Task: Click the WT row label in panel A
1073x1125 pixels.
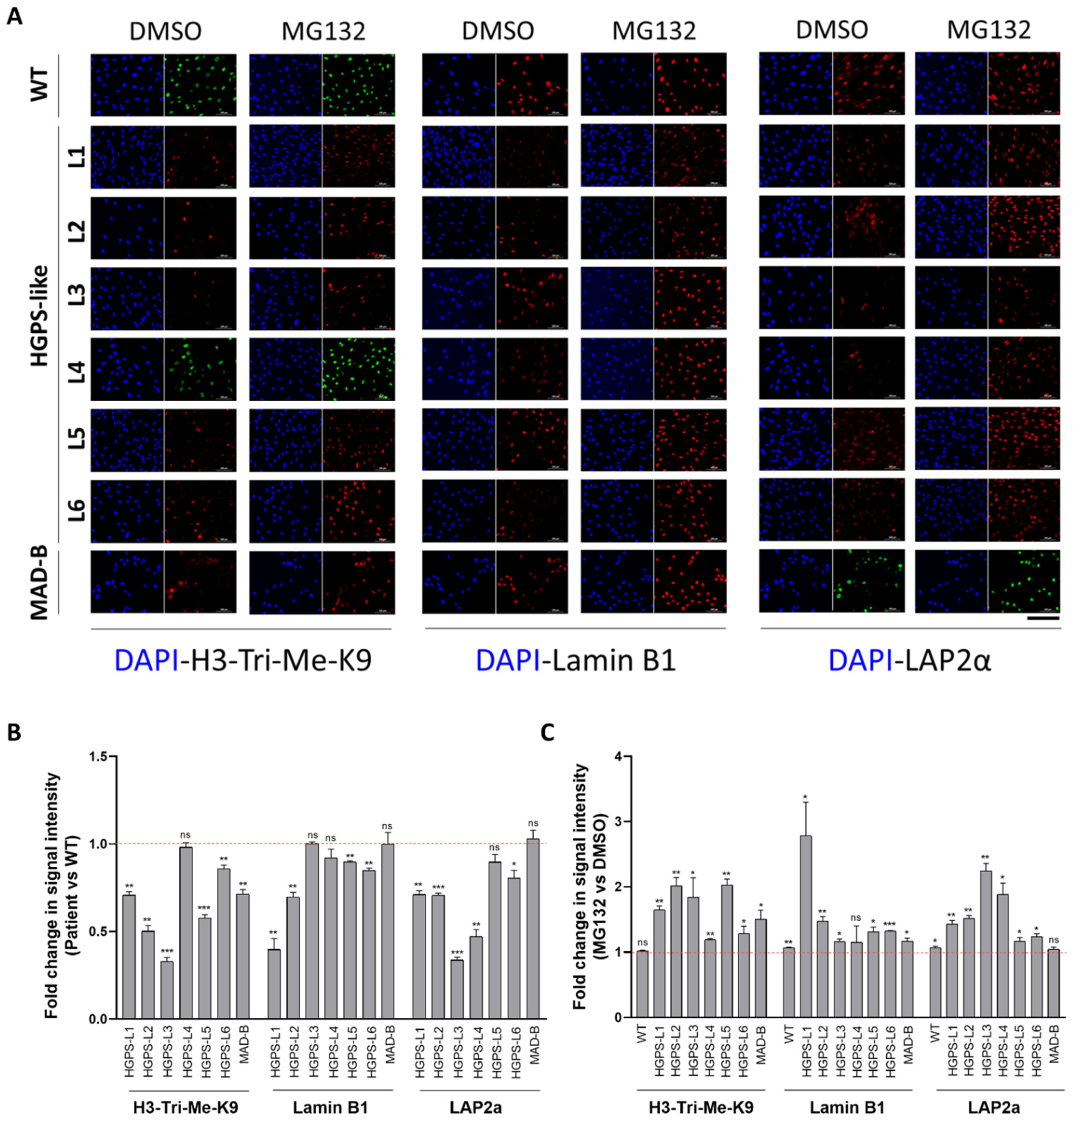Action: pyautogui.click(x=39, y=85)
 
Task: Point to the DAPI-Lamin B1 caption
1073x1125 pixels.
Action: pyautogui.click(x=576, y=660)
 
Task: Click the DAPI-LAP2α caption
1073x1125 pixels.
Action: pyautogui.click(x=909, y=660)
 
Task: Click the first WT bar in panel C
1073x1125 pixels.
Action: pyautogui.click(x=642, y=984)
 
